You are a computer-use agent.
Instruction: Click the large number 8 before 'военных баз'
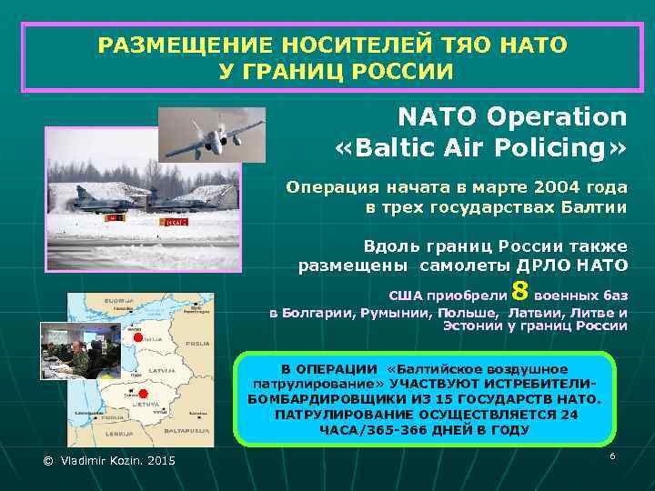520,291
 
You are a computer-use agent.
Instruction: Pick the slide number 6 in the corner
612,455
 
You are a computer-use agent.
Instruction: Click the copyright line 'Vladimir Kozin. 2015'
109,462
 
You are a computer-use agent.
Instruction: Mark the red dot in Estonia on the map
137,337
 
